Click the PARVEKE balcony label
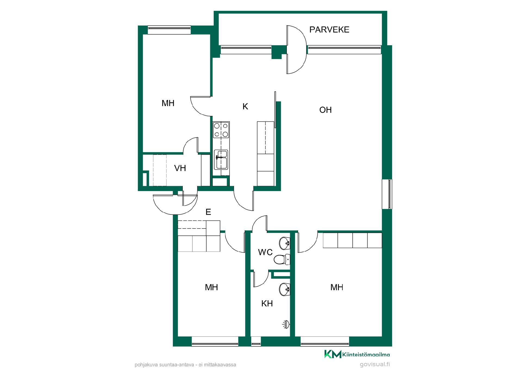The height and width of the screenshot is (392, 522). coord(329,29)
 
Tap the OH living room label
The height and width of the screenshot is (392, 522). coord(325,110)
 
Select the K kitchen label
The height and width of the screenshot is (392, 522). coord(245,106)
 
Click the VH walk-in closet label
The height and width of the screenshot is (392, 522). coord(180,168)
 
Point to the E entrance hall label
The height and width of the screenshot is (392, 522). coord(208,212)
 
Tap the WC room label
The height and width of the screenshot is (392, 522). coord(265,252)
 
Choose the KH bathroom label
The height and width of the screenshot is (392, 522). coord(267,304)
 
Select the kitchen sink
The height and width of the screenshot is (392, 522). coord(221,160)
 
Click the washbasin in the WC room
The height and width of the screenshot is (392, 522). coord(285,243)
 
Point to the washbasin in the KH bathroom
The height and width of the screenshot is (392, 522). coord(285,289)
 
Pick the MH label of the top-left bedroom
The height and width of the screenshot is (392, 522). coord(168,103)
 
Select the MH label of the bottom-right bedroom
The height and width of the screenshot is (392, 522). coord(337,287)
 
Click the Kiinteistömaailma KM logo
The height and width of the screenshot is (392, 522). coord(357,354)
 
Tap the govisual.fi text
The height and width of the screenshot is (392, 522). coord(375,364)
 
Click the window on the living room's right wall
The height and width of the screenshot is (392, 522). coord(387,194)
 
